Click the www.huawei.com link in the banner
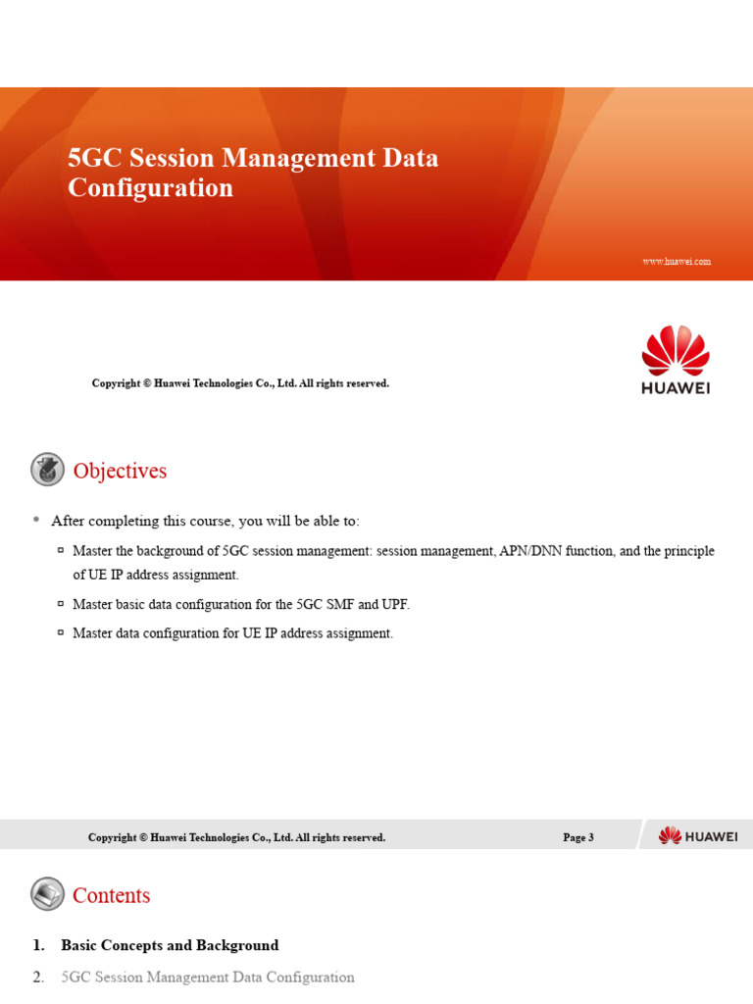point(677,261)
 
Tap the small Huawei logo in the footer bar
point(698,835)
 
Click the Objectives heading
point(120,471)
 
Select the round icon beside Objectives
point(47,469)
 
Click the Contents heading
point(112,895)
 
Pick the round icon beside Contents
point(47,894)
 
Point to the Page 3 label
point(578,837)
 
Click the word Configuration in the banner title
point(150,188)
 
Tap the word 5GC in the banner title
point(95,158)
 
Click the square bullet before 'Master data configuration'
point(61,632)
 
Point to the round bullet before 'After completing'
point(36,520)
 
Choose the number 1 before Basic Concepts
point(38,945)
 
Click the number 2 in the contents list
point(38,978)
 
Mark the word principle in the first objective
point(688,551)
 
